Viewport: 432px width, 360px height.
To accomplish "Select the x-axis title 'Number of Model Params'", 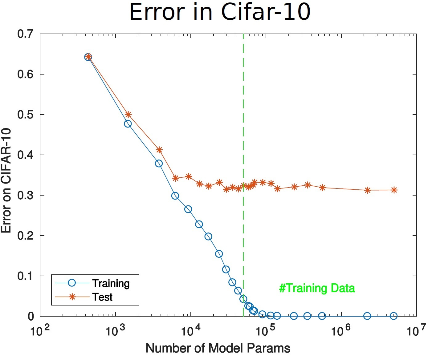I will tap(218, 348).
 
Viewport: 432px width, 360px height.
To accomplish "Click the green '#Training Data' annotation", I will tap(317, 288).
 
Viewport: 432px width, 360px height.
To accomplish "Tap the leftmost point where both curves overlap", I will tap(88, 57).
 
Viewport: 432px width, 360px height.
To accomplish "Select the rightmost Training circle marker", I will tap(393, 316).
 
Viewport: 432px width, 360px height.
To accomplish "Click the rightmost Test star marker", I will tap(394, 190).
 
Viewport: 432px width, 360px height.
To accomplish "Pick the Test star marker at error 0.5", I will tap(128, 115).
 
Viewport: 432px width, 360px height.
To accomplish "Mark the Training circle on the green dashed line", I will tap(243, 299).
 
